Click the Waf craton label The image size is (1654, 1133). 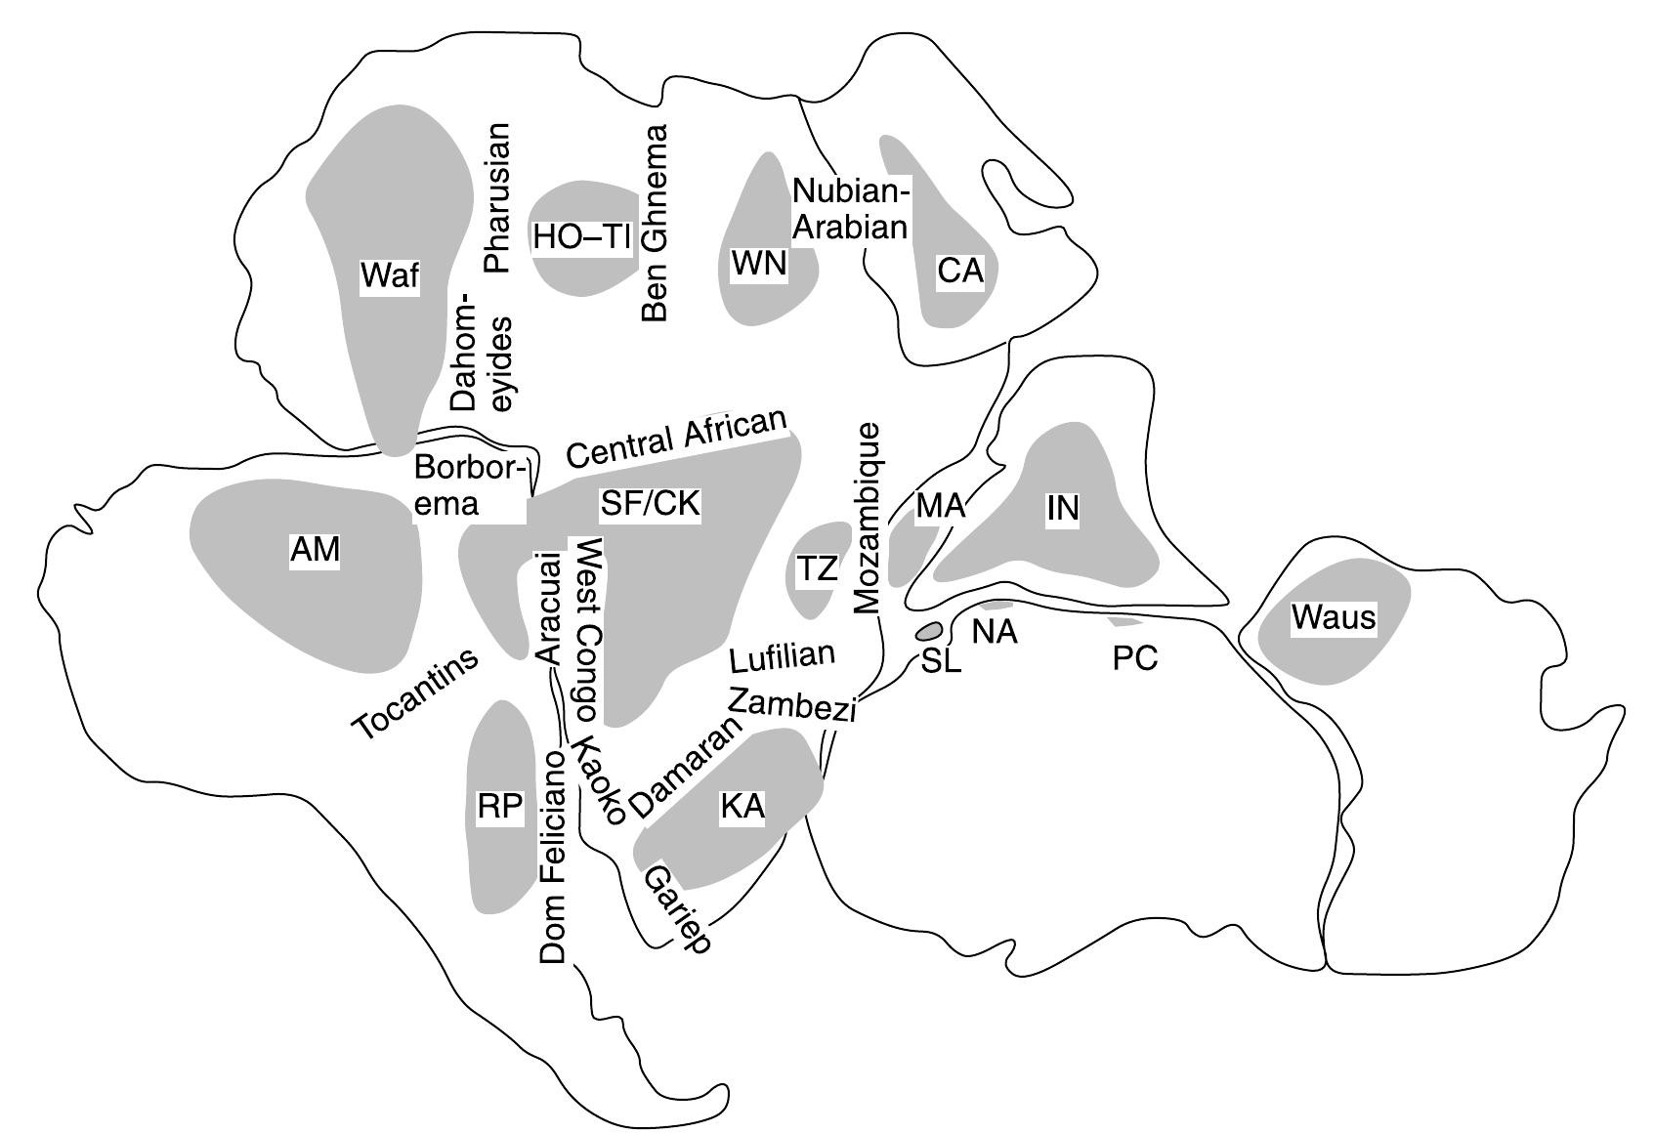390,275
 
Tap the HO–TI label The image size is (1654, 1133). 582,237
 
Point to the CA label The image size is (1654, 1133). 959,271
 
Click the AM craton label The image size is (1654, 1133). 315,550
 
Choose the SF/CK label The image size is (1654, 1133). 651,504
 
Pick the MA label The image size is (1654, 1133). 940,506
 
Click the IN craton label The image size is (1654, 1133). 1062,508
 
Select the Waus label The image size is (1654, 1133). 1333,617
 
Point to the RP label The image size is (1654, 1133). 500,808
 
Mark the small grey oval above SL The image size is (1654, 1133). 929,630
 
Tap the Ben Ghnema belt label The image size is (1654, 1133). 655,224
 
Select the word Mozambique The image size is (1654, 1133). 868,519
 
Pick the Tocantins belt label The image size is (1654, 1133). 416,692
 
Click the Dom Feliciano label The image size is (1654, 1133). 553,857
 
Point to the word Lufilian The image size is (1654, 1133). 783,656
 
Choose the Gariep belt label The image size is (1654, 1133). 675,908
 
